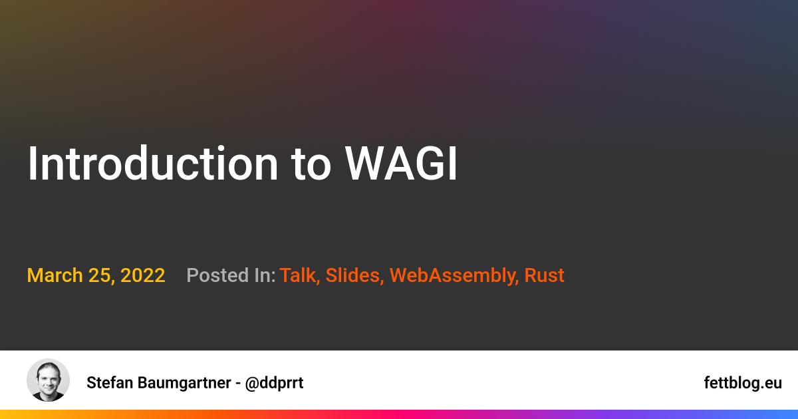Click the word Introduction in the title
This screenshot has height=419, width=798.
coord(152,164)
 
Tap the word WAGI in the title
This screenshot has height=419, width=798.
coord(401,164)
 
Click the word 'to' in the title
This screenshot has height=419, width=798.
coord(311,165)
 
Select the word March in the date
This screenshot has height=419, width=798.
coord(55,275)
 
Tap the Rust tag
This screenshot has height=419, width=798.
coord(544,275)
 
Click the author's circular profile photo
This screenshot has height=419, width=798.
coord(48,380)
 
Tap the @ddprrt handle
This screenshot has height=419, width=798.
coord(274,382)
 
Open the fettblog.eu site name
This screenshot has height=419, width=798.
coord(743,382)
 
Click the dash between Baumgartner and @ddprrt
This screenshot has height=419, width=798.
coord(238,382)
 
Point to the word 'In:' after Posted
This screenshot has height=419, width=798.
coord(264,275)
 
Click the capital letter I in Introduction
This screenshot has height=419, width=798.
coord(32,164)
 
